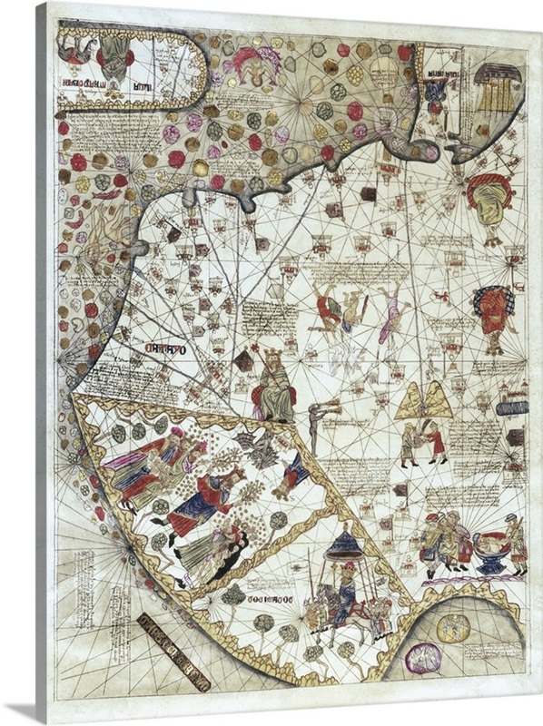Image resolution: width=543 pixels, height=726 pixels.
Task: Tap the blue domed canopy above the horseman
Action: coord(345,545)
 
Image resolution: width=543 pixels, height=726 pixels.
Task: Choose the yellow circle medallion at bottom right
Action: coord(451,627)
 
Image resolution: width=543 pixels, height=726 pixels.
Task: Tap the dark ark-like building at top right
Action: coord(498,86)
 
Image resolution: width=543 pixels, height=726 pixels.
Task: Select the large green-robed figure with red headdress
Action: coord(491,205)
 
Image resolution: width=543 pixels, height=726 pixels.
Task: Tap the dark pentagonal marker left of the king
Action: coord(243,361)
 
